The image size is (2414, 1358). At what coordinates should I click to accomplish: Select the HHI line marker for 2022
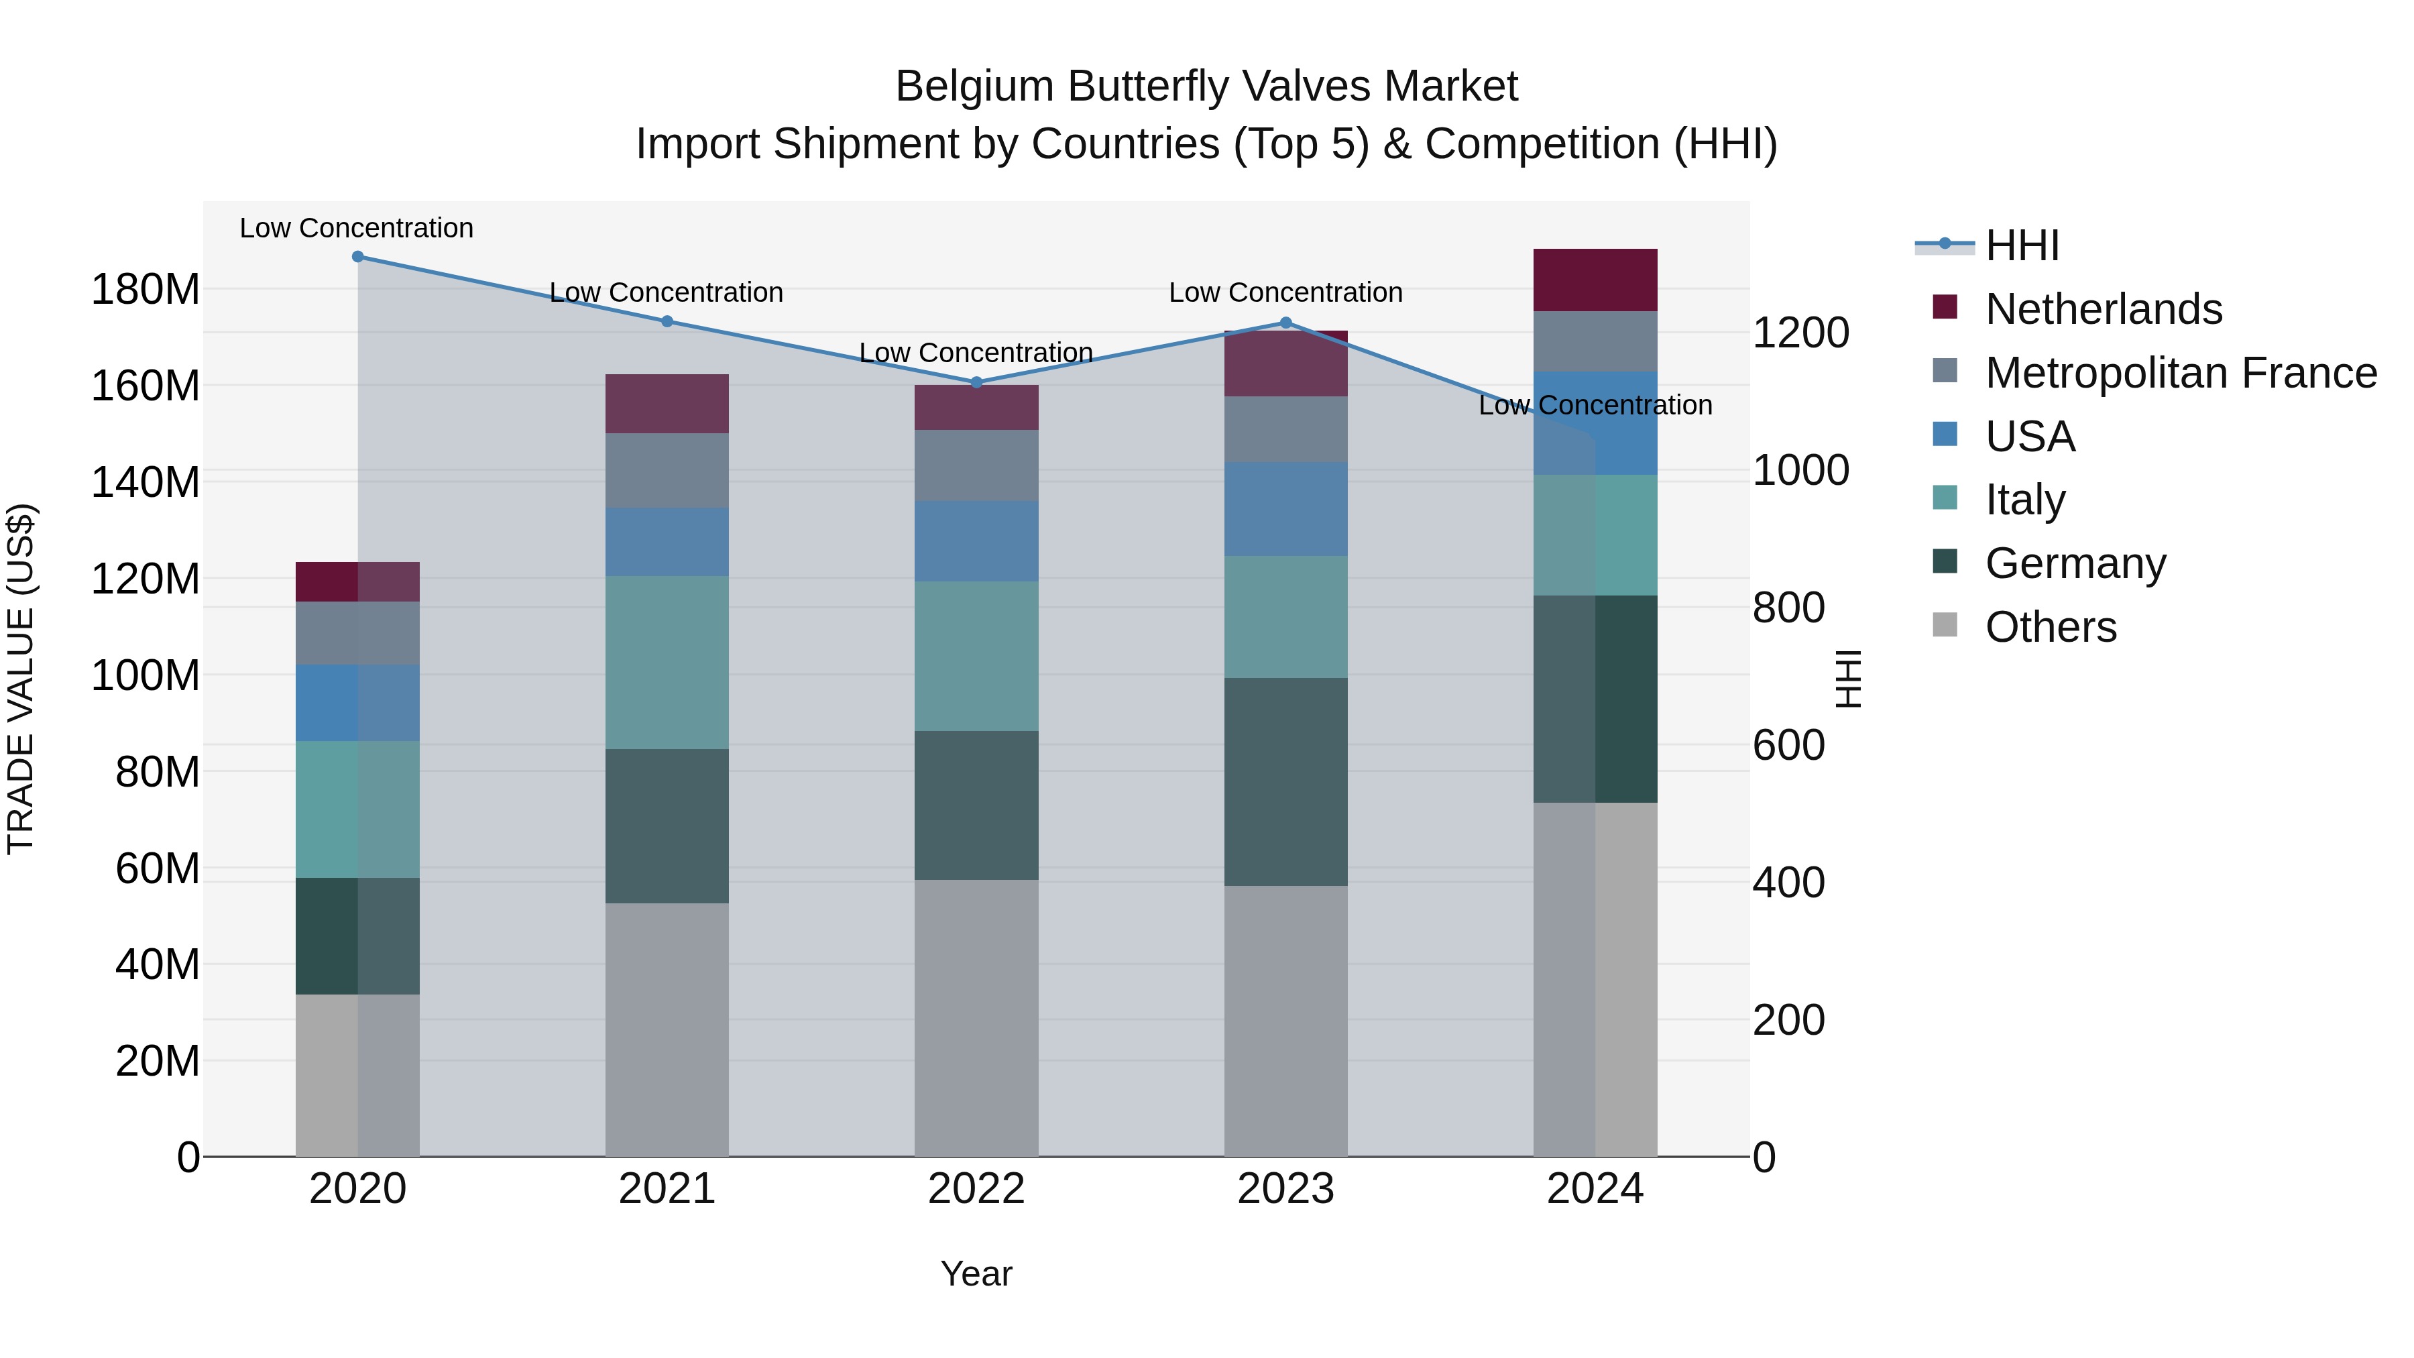point(976,382)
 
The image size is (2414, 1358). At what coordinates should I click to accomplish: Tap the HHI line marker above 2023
point(1285,323)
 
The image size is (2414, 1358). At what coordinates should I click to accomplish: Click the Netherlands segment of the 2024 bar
point(1595,280)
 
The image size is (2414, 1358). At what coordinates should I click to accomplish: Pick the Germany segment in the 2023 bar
point(1285,782)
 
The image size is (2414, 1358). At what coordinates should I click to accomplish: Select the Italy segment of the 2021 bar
point(667,662)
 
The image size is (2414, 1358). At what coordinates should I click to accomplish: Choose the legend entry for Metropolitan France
point(2180,373)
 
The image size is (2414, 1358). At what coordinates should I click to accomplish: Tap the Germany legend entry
point(2075,563)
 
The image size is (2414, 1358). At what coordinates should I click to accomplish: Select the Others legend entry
point(2051,627)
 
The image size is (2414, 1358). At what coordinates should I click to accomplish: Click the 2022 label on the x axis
point(976,1189)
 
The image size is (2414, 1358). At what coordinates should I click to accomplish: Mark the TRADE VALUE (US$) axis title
point(21,679)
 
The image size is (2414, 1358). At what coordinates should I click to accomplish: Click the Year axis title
point(976,1274)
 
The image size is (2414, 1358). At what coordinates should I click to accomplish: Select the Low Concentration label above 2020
point(356,228)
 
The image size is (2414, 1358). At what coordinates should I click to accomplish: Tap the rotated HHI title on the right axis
point(1848,679)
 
